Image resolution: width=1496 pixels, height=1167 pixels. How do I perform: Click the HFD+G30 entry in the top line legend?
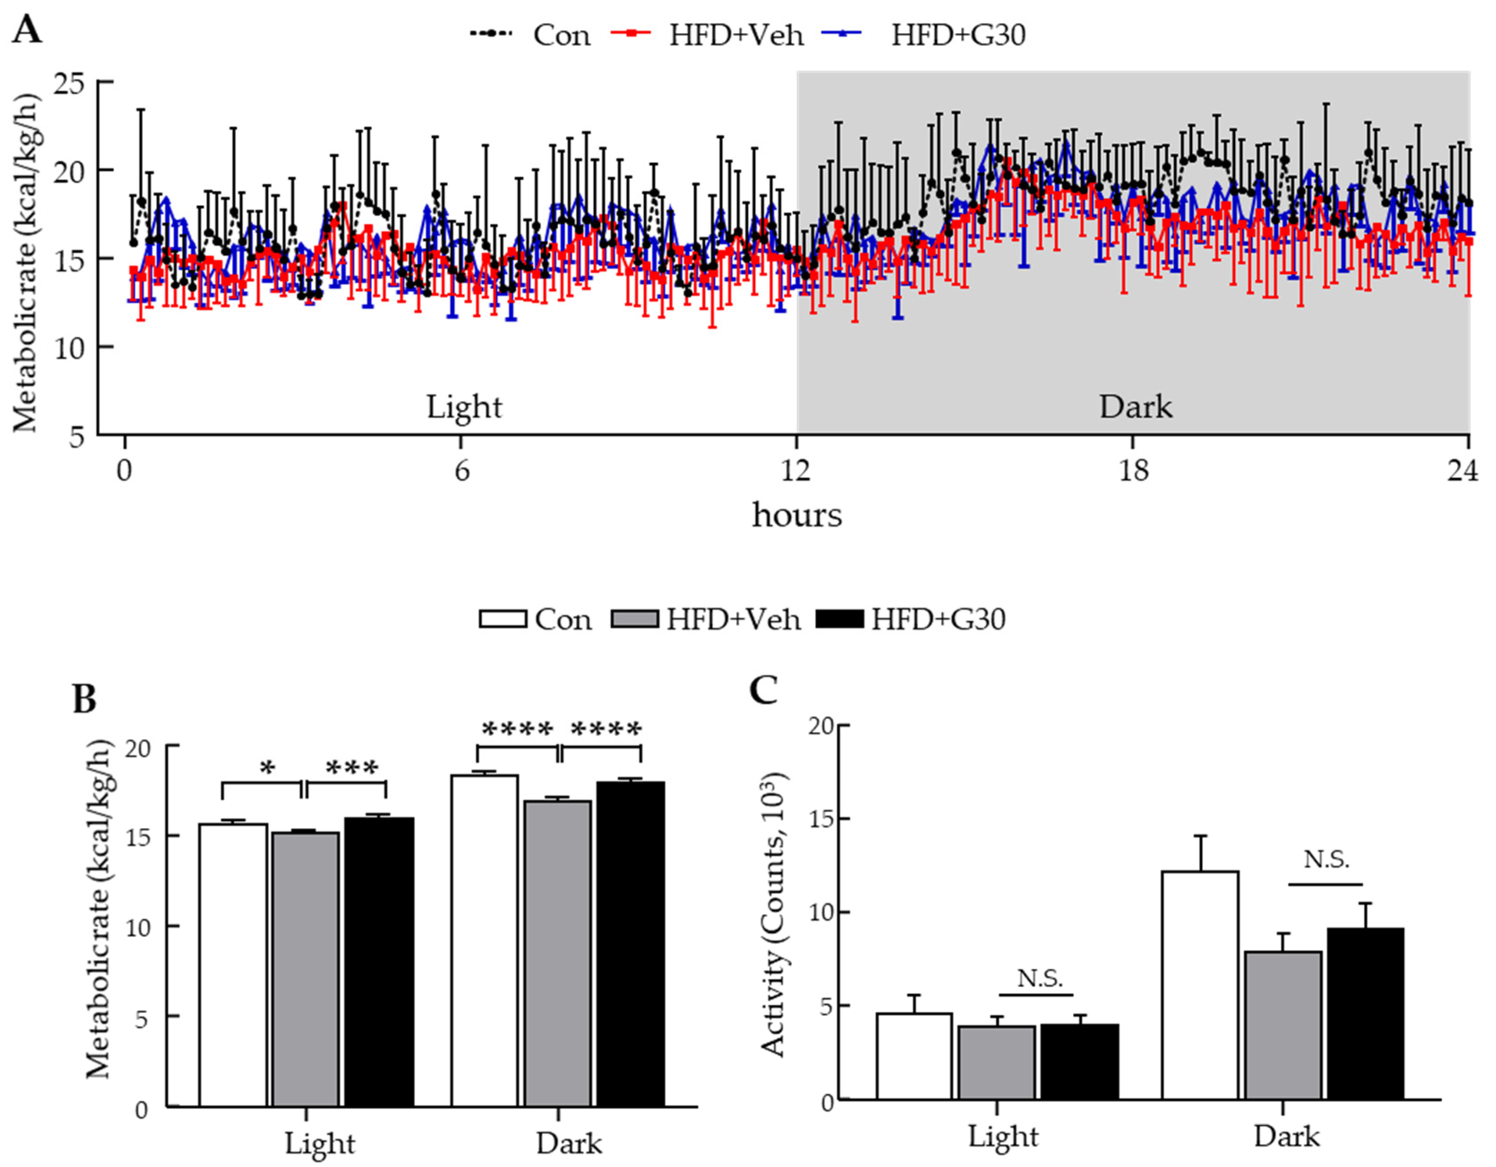click(x=957, y=35)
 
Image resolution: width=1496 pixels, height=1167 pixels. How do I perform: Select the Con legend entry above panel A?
click(x=561, y=35)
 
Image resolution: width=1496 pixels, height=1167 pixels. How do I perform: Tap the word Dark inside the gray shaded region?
click(x=1135, y=407)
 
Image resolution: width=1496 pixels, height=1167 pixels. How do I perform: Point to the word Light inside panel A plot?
click(x=464, y=407)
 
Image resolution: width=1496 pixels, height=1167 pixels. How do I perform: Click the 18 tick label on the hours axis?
click(x=1134, y=472)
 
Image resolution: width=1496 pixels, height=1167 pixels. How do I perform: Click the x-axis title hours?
click(x=797, y=515)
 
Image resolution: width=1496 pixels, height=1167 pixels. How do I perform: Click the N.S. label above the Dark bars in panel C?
click(x=1325, y=859)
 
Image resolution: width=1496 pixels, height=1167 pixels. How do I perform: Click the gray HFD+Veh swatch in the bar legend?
click(x=634, y=619)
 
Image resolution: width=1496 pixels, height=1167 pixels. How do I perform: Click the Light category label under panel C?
click(x=1002, y=1136)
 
